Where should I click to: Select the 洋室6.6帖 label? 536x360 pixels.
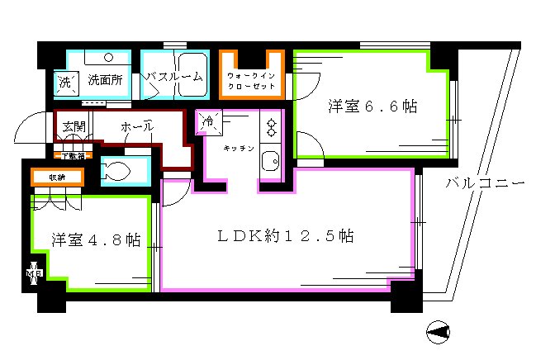[371, 107]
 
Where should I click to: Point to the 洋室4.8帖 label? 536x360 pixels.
[95, 240]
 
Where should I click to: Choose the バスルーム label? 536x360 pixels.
[173, 77]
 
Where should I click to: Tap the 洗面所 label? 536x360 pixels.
[106, 81]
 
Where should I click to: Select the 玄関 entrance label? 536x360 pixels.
[73, 127]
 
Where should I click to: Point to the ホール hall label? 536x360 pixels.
[136, 127]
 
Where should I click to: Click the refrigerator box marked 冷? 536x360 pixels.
[207, 122]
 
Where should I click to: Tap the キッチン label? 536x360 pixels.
[237, 149]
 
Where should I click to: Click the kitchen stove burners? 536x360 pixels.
[270, 126]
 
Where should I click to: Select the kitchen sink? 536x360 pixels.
[270, 160]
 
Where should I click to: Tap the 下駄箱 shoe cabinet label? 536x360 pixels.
[73, 154]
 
